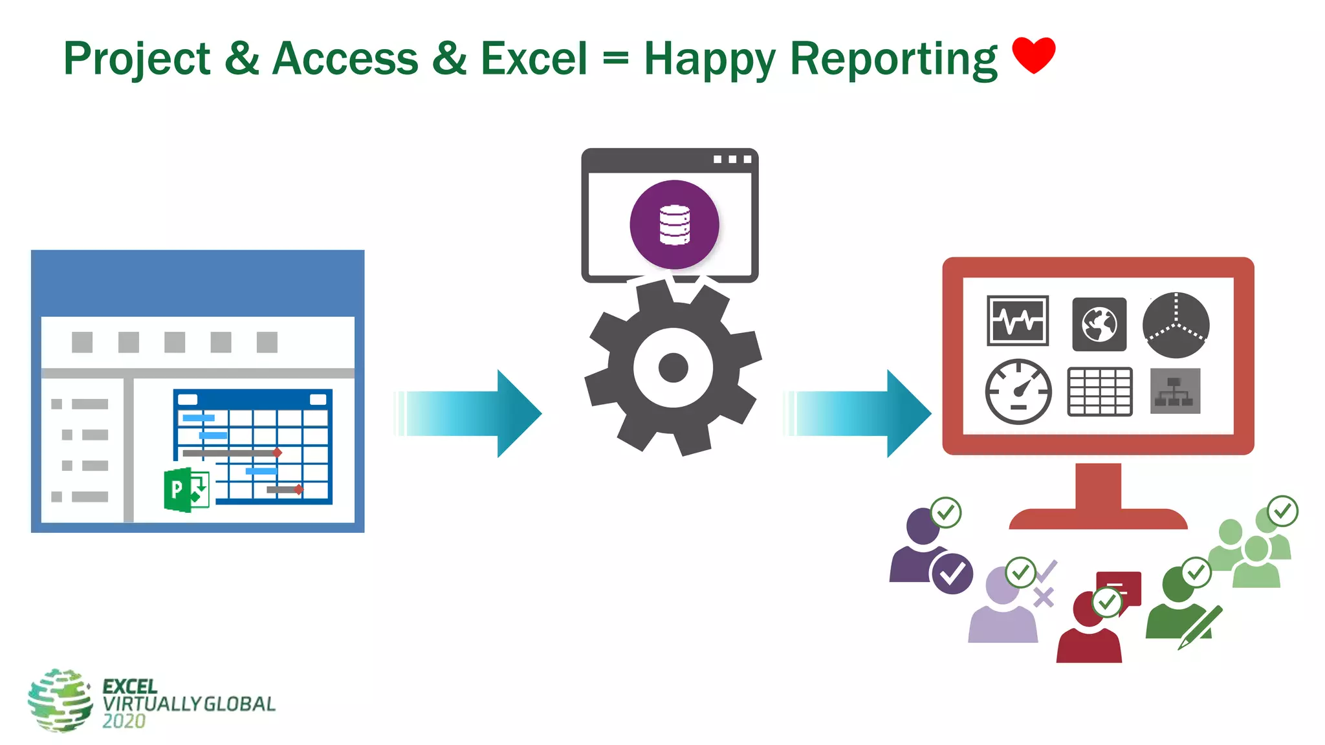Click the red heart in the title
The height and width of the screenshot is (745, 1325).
(1033, 54)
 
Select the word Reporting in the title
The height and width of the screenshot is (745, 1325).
(893, 59)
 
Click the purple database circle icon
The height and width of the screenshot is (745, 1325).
(674, 224)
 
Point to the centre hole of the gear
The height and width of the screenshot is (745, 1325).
(673, 368)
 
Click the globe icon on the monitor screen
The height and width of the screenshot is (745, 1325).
(1099, 324)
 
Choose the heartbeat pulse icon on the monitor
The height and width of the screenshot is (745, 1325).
(1018, 321)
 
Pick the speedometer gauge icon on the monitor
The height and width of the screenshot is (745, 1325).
(1018, 392)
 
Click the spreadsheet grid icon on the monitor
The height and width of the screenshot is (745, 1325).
(1100, 392)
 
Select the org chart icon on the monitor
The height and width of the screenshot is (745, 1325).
(1175, 391)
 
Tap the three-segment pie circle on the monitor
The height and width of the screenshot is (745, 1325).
(1176, 325)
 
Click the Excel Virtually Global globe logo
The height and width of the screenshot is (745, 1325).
(60, 700)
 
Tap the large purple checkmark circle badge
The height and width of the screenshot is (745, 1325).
(952, 573)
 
